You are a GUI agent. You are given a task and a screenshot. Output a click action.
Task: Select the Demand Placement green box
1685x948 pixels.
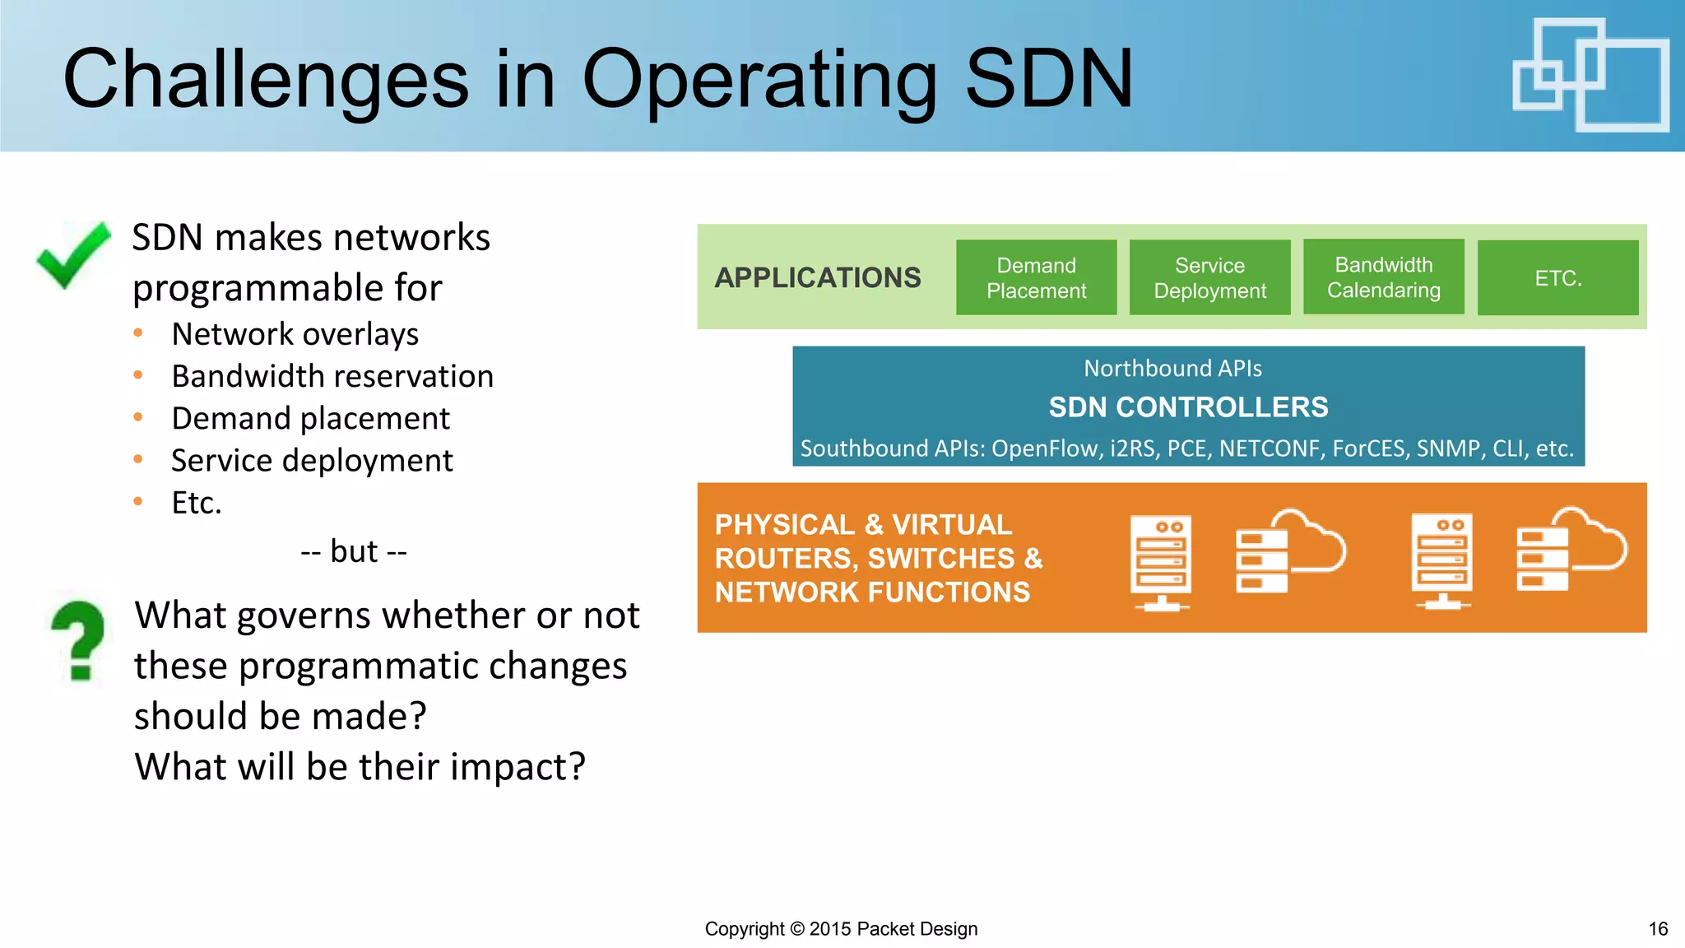tap(1036, 277)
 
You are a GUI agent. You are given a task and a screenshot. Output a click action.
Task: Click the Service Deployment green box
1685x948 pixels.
tap(1209, 277)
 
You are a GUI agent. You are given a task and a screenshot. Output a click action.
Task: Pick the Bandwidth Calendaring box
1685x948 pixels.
tap(1383, 276)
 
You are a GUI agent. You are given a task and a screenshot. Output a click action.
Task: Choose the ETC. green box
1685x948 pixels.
tap(1557, 278)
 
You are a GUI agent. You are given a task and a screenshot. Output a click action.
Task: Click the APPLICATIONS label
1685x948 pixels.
tap(817, 278)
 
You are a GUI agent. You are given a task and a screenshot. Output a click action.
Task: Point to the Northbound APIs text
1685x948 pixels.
tap(1172, 368)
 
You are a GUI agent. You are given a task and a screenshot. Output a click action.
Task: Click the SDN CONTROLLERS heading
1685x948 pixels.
tap(1188, 407)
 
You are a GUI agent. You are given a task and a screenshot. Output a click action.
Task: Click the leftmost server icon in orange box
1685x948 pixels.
tap(1161, 561)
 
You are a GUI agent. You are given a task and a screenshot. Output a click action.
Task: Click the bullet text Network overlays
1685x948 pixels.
tap(295, 334)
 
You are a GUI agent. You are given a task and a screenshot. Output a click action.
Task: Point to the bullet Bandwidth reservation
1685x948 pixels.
tap(332, 376)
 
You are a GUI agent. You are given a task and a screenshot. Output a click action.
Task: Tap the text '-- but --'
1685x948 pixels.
tap(354, 551)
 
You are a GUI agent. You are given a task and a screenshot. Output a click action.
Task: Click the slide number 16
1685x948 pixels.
tap(1658, 929)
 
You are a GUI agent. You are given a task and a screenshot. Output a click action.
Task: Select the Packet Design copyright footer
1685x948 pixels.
tap(841, 929)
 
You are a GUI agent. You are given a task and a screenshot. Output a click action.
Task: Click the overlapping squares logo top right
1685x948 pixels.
tap(1590, 75)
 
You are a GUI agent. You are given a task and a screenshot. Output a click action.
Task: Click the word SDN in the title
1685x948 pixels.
tap(1049, 79)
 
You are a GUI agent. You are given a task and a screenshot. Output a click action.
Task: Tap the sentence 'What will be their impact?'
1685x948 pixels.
tap(360, 766)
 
